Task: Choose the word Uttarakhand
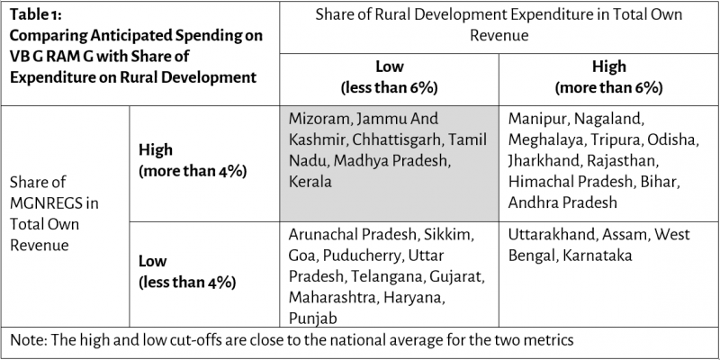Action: click(x=551, y=234)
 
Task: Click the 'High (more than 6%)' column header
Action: click(x=609, y=77)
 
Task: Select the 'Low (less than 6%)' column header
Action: click(x=389, y=77)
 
